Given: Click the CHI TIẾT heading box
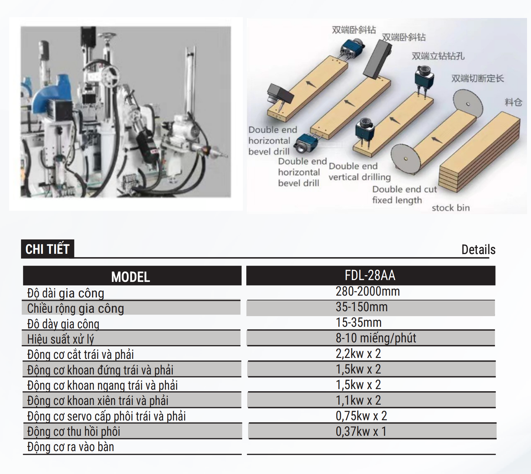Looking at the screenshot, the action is (x=48, y=249).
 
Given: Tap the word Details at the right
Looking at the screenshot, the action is (x=478, y=250).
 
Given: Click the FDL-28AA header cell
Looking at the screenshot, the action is (x=370, y=275).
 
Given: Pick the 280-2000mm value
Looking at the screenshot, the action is (x=368, y=291).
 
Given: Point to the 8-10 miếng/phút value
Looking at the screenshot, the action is (x=376, y=338).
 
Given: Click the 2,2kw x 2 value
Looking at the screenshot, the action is (x=358, y=354).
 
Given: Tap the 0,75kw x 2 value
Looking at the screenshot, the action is (x=361, y=416).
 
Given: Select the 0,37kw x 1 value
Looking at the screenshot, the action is (x=361, y=431).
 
